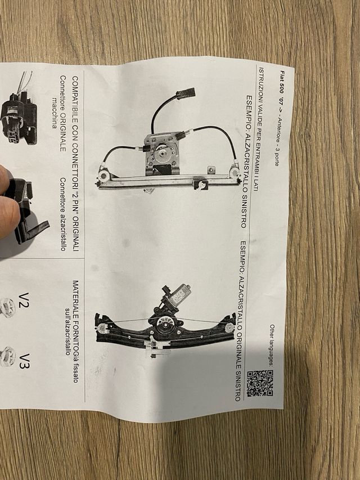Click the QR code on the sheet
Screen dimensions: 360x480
[260, 383]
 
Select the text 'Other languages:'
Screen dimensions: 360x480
[272, 346]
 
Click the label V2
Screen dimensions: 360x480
[24, 300]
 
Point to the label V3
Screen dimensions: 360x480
[24, 361]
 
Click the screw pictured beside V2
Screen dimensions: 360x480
[7, 307]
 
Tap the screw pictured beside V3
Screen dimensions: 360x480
[7, 357]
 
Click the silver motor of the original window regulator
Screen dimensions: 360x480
[178, 294]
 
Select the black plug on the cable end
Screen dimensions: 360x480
[186, 93]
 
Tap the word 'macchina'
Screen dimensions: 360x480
[55, 113]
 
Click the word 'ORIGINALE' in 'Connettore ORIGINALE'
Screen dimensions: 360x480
[63, 132]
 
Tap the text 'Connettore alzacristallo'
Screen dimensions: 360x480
[63, 214]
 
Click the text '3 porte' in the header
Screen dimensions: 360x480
[276, 157]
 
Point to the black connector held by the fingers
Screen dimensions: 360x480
[27, 211]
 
